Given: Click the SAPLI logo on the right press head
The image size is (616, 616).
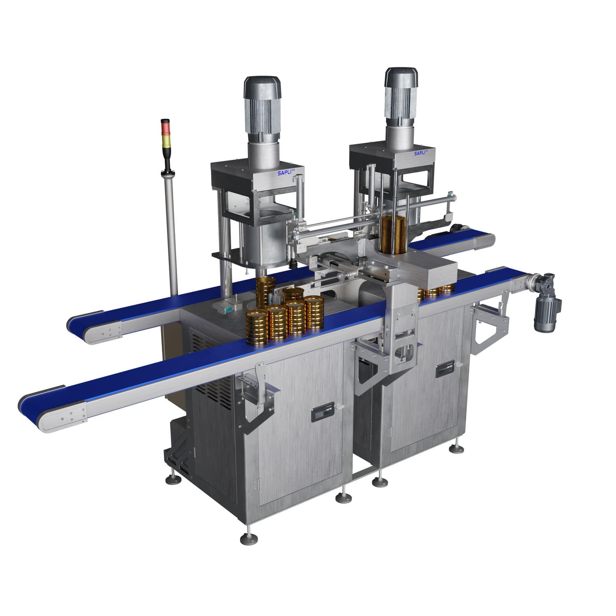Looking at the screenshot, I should pyautogui.click(x=421, y=153).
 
